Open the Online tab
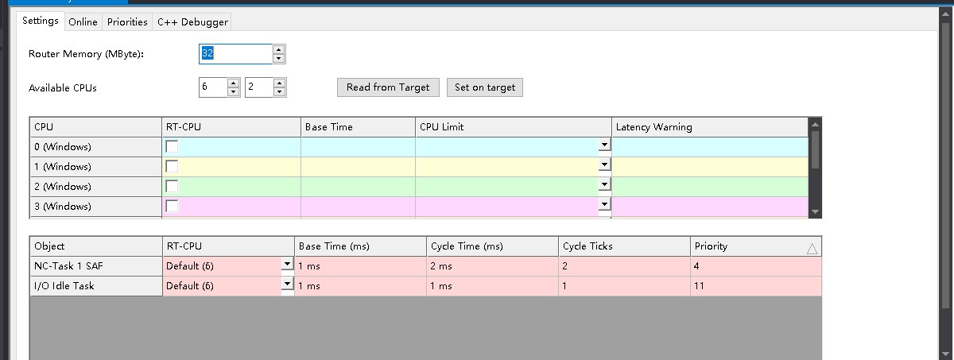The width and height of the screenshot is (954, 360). (x=83, y=21)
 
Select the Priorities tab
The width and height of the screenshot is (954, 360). (x=127, y=21)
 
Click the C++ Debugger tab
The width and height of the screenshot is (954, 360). (x=192, y=21)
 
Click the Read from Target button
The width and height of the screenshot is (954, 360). (x=388, y=87)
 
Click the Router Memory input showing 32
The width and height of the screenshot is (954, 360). (x=235, y=53)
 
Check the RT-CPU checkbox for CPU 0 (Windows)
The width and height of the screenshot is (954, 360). (x=172, y=147)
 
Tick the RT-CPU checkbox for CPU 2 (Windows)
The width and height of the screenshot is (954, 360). (x=172, y=186)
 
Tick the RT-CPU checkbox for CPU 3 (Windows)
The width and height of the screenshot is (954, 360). (x=172, y=206)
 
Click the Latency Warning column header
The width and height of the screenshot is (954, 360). (x=653, y=127)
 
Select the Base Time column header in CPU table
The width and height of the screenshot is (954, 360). (x=328, y=127)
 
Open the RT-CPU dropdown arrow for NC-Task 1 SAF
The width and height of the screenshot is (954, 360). (x=287, y=265)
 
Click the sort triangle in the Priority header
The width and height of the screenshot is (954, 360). (x=812, y=248)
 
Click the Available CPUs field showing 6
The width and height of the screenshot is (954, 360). (x=213, y=87)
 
